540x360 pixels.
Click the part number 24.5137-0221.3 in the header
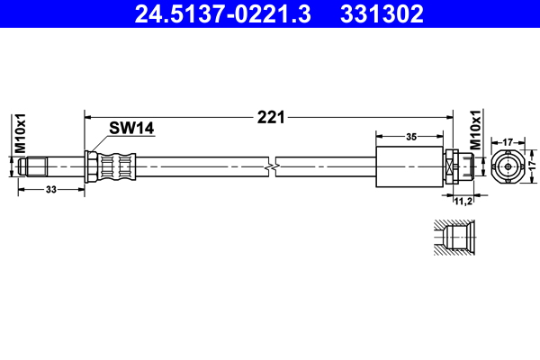click(222, 14)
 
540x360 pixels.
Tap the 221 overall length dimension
click(270, 116)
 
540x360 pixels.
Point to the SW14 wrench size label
click(131, 128)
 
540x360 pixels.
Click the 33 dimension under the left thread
click(50, 189)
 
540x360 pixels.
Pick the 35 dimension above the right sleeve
click(410, 138)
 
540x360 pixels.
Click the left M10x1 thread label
click(17, 135)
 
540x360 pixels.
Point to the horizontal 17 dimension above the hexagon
click(508, 141)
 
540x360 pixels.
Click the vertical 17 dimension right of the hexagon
click(531, 166)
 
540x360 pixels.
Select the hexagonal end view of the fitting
click(508, 166)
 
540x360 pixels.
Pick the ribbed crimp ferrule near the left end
click(118, 166)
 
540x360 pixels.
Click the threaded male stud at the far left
click(36, 166)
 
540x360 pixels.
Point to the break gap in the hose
click(271, 166)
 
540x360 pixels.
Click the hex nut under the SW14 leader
click(91, 166)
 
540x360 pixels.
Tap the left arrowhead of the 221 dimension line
click(87, 116)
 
